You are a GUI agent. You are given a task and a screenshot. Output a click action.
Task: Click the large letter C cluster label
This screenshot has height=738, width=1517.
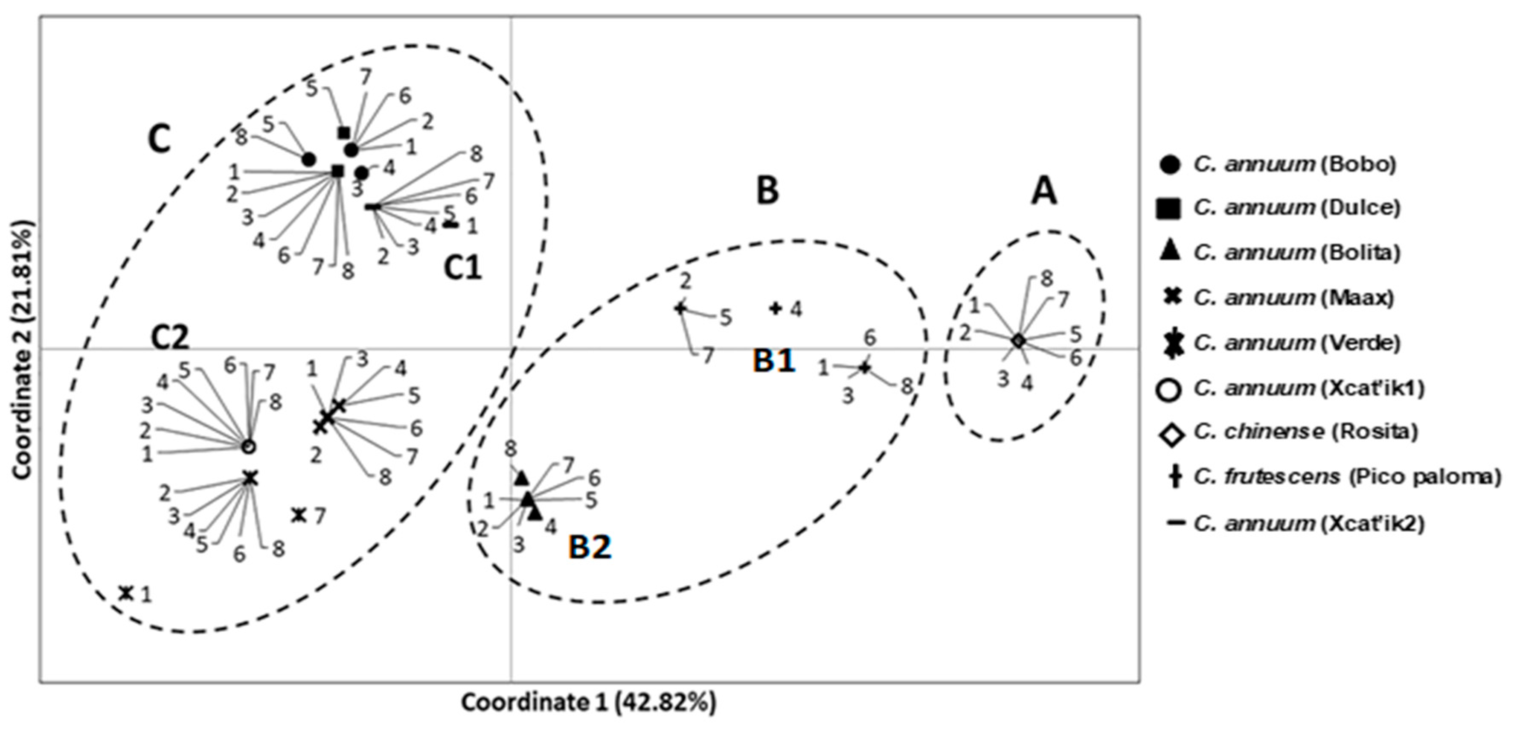(160, 140)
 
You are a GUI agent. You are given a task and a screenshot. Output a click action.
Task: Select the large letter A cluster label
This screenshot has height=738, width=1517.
(1044, 192)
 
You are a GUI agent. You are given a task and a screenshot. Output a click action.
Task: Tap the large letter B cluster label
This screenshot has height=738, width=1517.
(767, 191)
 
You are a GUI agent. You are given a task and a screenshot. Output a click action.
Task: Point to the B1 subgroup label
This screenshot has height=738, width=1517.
(774, 360)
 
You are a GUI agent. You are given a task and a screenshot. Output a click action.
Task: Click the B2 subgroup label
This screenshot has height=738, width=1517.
(590, 547)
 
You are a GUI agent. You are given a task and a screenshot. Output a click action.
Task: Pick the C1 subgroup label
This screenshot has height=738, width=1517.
(462, 268)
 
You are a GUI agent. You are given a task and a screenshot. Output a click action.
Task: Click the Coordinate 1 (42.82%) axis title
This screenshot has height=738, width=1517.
(588, 702)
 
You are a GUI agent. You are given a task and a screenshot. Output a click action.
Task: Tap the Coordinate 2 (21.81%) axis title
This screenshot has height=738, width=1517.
(23, 350)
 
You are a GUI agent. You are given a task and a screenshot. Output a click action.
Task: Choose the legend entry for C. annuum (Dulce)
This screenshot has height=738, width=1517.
(1296, 208)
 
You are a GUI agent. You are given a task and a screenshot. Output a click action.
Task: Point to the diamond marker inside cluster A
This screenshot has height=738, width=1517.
(1018, 341)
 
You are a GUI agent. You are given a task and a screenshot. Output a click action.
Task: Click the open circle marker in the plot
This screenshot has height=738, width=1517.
(249, 447)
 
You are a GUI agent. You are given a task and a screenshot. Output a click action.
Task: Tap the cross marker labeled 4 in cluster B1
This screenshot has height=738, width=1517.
(776, 308)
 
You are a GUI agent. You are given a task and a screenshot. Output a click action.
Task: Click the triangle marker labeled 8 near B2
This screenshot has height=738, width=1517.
(522, 478)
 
